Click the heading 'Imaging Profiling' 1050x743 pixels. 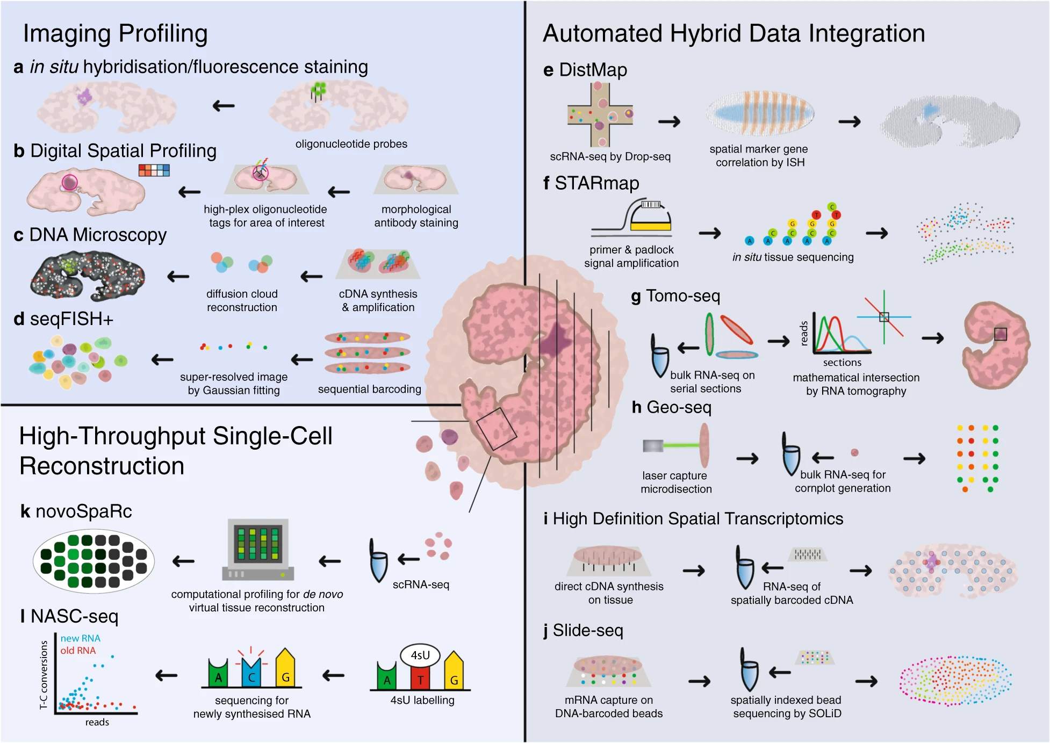115,33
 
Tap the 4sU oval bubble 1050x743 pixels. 420,655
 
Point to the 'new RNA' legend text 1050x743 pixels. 81,638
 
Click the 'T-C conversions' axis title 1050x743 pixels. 44,675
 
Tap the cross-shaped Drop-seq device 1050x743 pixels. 600,114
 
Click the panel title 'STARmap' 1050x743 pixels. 596,183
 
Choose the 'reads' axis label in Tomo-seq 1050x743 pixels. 804,333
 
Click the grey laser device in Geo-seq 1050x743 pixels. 653,445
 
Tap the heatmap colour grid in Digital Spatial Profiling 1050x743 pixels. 154,170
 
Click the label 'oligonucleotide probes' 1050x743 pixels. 351,144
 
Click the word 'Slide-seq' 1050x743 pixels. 588,630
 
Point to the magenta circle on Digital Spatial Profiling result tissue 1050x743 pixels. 69,182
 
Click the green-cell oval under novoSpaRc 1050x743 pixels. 94,561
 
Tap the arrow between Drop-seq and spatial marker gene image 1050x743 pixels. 669,122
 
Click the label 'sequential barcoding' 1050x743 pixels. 369,389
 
